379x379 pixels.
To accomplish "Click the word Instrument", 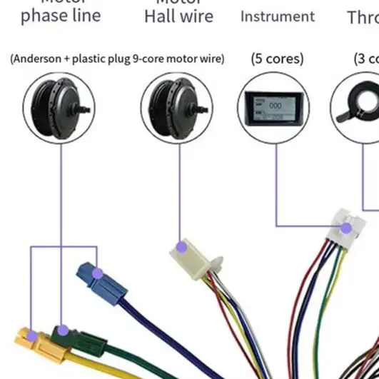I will coord(277,16).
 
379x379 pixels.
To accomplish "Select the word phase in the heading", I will coord(44,16).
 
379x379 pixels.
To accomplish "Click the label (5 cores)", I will coord(277,59).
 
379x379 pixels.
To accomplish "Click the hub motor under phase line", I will coord(59,108).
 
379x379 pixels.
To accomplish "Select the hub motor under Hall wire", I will coord(177,108).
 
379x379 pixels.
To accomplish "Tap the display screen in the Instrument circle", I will coord(272,109).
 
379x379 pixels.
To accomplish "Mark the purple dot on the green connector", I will coord(63,330).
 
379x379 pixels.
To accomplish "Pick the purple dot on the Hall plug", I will coord(181,247).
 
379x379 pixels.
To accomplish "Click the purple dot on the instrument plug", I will coord(347,228).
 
